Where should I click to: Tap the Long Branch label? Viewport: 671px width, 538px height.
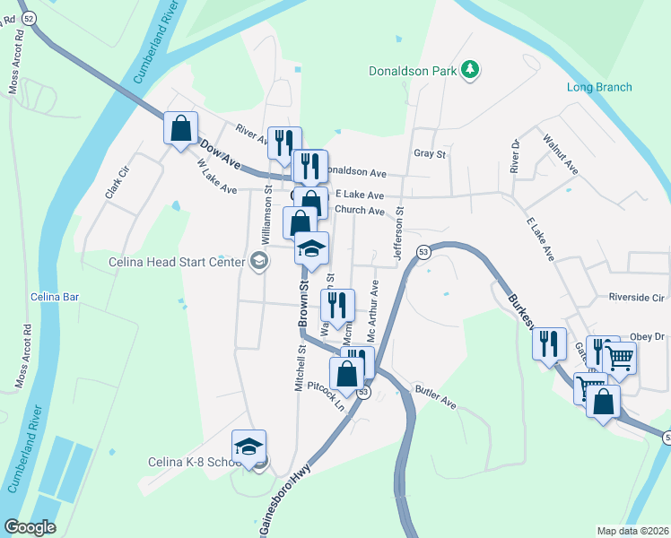point(599,87)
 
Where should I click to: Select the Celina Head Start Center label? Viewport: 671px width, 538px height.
point(187,262)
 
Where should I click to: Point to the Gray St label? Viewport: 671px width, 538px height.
point(430,153)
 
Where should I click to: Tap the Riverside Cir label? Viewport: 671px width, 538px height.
point(635,297)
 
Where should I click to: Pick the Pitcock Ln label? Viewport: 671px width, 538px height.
point(326,394)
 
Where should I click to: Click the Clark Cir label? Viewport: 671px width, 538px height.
point(111,185)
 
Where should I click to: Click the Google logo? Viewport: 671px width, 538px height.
point(30,527)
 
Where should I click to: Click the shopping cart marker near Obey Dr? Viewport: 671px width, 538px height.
point(619,359)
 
